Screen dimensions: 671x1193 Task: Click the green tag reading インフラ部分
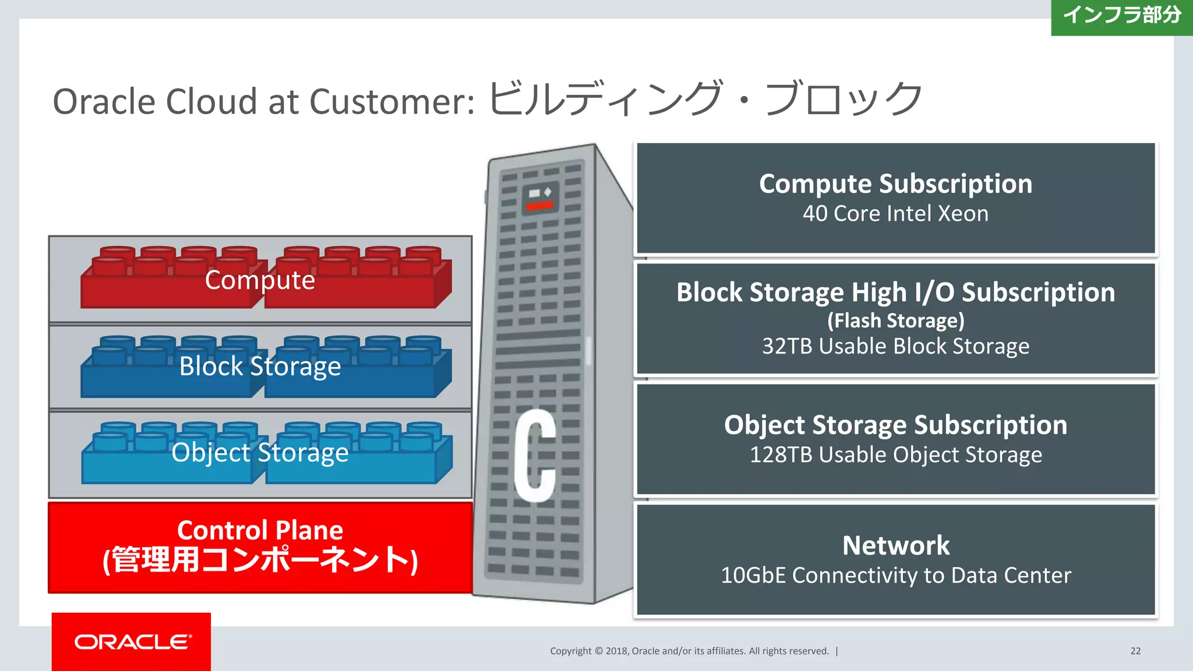1121,16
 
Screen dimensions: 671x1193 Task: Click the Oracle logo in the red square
132,642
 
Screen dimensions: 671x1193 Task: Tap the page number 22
1135,651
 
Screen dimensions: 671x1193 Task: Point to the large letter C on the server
534,455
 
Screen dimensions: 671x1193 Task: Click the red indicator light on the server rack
539,206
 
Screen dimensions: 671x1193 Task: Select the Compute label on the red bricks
260,280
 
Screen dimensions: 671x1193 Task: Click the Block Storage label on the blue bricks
260,366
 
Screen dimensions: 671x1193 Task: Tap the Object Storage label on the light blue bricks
260,453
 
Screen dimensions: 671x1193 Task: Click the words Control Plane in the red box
260,530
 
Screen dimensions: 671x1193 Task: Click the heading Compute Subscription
895,184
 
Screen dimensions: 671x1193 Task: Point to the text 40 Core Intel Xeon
895,214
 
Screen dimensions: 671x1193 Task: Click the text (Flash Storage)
895,320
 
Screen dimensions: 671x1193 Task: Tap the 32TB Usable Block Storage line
895,347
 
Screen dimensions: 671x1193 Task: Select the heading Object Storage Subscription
895,425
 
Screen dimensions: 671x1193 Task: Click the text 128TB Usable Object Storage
895,455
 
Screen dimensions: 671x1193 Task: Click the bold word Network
895,546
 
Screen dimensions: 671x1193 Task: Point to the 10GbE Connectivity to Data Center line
895,575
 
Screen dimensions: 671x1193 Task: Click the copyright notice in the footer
689,651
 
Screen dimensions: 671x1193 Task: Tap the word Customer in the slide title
392,102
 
